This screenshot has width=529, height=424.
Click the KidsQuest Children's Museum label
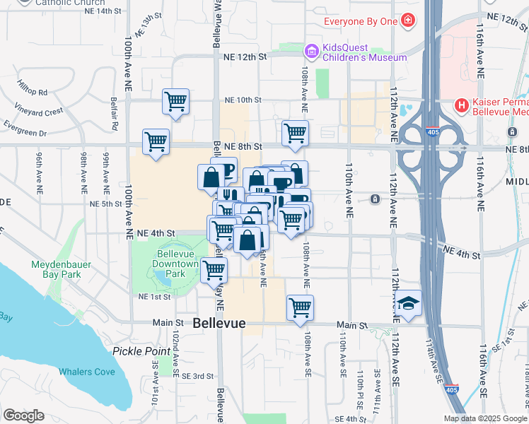pyautogui.click(x=364, y=52)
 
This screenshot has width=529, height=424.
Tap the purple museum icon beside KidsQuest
pyautogui.click(x=310, y=51)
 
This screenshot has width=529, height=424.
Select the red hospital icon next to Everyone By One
pyautogui.click(x=407, y=21)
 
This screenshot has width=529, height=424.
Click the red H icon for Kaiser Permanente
pyautogui.click(x=462, y=106)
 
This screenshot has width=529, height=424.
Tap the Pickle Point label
pyautogui.click(x=141, y=351)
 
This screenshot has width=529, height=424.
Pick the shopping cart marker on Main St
pyautogui.click(x=300, y=308)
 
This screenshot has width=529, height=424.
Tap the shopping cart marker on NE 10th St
pyautogui.click(x=175, y=101)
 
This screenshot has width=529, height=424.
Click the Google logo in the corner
pyautogui.click(x=23, y=416)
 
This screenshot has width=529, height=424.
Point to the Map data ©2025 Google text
pyautogui.click(x=485, y=418)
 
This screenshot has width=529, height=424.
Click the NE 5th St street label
pyautogui.click(x=106, y=204)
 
